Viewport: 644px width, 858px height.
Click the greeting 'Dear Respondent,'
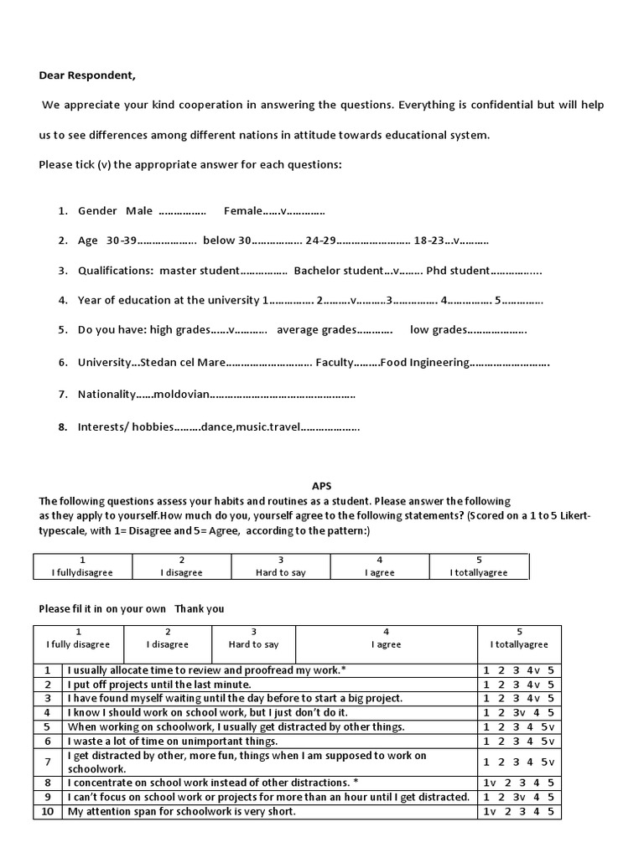tap(86, 75)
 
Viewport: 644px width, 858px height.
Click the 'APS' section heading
tap(322, 485)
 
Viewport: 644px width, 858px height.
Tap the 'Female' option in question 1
tap(243, 211)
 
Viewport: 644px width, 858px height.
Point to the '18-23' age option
tap(431, 241)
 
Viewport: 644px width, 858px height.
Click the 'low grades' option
tap(438, 330)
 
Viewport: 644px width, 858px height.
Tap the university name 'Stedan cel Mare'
tap(182, 363)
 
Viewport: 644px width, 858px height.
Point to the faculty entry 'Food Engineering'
tap(424, 363)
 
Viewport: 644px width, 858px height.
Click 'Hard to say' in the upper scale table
tap(280, 572)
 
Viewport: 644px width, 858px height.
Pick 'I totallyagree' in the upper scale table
tap(478, 572)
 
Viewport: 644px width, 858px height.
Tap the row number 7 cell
tap(48, 762)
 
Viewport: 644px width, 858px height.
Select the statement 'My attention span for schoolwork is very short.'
tap(182, 811)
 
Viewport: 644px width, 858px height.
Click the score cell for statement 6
tap(518, 741)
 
